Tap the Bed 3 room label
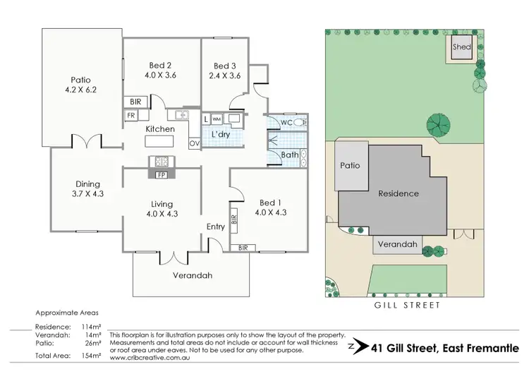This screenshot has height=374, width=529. click(225, 66)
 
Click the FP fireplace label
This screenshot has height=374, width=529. click(161, 174)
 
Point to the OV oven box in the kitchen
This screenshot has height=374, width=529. click(193, 143)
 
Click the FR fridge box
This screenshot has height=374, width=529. click(131, 115)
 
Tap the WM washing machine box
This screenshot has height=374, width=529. click(217, 119)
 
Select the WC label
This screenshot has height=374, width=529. click(287, 123)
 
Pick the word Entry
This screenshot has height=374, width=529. click(216, 227)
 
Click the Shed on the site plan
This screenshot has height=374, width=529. click(462, 48)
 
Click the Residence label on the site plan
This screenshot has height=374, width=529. click(399, 193)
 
